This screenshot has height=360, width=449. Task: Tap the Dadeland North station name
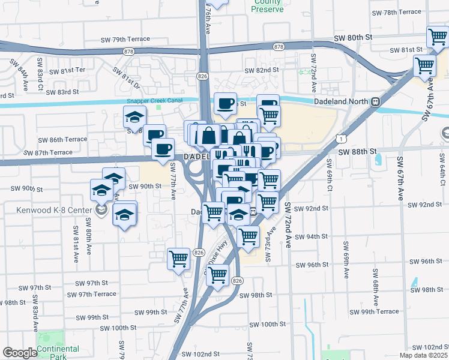point(340,101)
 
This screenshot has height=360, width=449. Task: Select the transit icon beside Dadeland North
point(376,101)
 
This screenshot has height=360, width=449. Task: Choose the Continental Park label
point(58,353)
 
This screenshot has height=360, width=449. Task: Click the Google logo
point(19,353)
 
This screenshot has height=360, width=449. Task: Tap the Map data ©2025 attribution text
point(423,355)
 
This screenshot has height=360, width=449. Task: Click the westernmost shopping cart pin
point(179,259)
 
